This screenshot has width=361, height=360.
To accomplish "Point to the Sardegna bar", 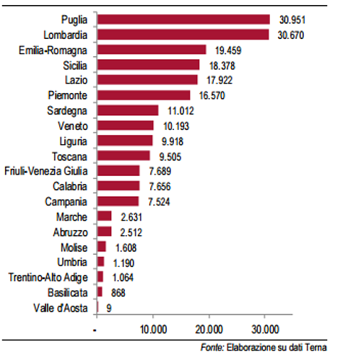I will pos(127,110).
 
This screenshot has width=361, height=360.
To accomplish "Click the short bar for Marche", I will pos(104,216).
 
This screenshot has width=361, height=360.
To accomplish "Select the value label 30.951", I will pos(291,19).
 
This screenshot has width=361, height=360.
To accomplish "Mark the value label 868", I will pos(121,291).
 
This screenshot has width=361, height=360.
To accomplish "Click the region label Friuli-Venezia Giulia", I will pos(46,170).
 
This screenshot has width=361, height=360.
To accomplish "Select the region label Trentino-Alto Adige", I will pos(48,276).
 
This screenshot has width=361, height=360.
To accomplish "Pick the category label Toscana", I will pos(71,155).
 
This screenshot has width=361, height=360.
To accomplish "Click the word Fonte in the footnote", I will pos(214,348).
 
